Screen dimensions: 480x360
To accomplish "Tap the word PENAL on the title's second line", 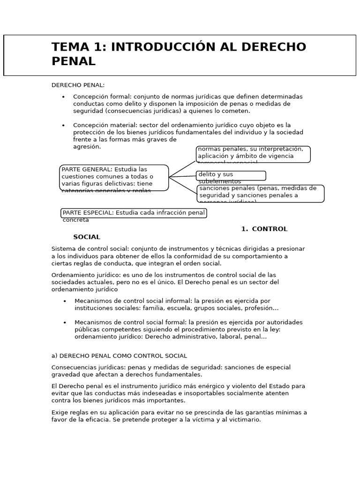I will coord(73,61).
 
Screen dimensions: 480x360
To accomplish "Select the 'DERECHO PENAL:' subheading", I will coord(78,85).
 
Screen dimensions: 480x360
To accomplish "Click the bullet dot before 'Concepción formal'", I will coord(63,97).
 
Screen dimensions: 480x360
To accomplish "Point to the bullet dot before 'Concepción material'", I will coord(63,125).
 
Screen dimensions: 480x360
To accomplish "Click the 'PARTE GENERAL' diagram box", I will coord(114,178).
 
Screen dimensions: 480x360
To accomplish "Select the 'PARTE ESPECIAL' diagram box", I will coord(134,213).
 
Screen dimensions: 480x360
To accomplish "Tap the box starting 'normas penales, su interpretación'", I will coord(253,154).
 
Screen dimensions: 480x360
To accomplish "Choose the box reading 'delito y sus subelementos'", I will coord(231,176).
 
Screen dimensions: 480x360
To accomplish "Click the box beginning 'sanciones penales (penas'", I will coord(260,193).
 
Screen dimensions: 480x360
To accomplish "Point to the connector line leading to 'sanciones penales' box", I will coord(183,185).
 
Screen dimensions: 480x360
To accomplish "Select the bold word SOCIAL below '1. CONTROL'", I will coord(86,237).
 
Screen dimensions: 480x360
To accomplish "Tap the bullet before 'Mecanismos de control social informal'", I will coord(65,301).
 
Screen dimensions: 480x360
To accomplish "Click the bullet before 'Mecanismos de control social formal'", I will coord(65,322).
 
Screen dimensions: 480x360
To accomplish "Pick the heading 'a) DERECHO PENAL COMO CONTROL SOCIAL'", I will coord(119,356).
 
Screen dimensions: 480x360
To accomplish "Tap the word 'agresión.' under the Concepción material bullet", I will coord(87,147).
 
